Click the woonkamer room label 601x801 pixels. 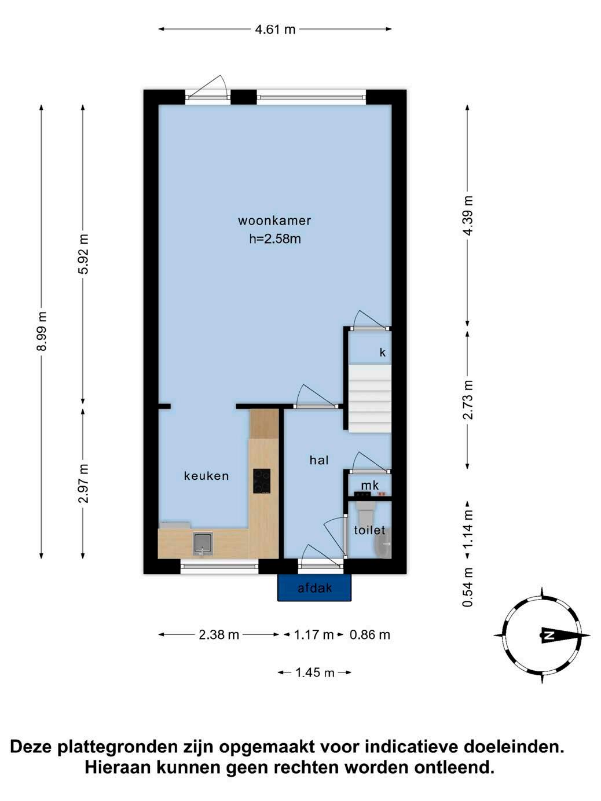(274, 221)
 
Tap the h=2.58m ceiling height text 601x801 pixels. (275, 239)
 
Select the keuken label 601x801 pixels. (207, 476)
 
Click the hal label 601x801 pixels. (319, 460)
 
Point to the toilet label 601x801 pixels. (369, 530)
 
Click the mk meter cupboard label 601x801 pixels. (369, 486)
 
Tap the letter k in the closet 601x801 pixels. (382, 352)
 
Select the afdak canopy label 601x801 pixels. (315, 588)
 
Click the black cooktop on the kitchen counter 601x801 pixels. (262, 482)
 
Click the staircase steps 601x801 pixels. (369, 399)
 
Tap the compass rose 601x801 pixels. (542, 635)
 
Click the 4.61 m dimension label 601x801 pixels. (275, 29)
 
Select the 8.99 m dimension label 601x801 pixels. (42, 331)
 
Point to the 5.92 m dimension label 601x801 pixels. (83, 253)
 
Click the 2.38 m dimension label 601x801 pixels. (219, 635)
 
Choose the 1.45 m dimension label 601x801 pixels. (314, 672)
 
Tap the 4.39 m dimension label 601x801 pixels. (468, 216)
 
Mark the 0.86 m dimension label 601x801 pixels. (370, 635)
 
